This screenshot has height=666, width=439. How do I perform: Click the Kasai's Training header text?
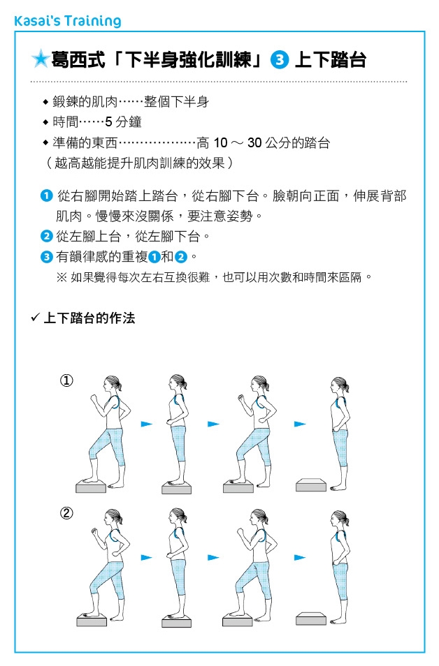pyautogui.click(x=67, y=21)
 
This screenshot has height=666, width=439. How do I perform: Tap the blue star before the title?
pyautogui.click(x=40, y=60)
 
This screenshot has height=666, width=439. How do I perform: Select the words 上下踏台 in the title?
pyautogui.click(x=330, y=60)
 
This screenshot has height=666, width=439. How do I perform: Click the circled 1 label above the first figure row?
pyautogui.click(x=66, y=380)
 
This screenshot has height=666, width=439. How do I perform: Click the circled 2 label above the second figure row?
pyautogui.click(x=66, y=513)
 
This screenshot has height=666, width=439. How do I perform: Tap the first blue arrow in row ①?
pyautogui.click(x=146, y=424)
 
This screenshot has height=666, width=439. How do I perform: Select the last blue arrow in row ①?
pyautogui.click(x=300, y=424)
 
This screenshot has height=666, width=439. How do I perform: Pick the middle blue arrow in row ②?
pyautogui.click(x=213, y=557)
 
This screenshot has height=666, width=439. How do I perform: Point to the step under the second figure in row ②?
pyautogui.click(x=176, y=621)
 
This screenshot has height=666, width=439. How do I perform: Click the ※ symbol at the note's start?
pyautogui.click(x=62, y=277)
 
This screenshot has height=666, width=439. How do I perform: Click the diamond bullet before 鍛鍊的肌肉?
pyautogui.click(x=46, y=103)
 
